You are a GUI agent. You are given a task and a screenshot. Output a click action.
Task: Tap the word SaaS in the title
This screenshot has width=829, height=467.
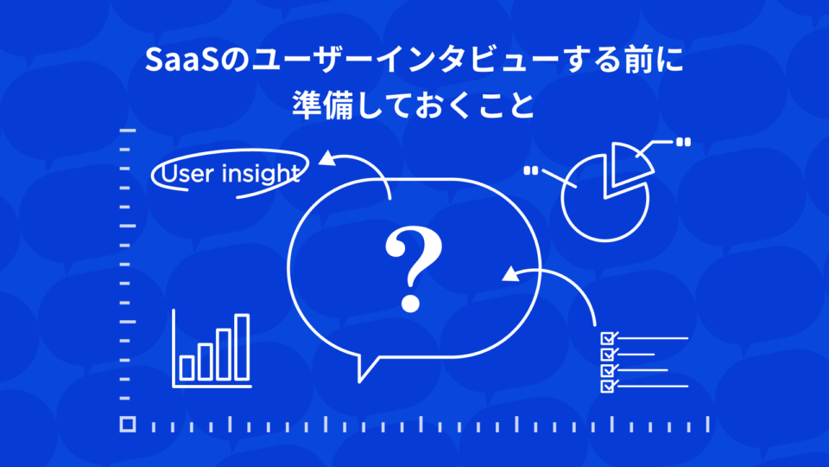click(181, 60)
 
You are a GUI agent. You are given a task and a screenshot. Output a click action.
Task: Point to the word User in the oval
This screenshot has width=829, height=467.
click(186, 174)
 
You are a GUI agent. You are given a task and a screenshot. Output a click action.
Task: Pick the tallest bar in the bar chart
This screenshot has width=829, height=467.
click(242, 347)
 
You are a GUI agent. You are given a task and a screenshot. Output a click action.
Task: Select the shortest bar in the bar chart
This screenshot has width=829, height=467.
click(187, 368)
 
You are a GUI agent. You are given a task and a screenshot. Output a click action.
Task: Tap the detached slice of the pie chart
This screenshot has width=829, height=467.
click(630, 163)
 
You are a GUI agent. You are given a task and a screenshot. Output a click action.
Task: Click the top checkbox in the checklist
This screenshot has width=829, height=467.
click(607, 338)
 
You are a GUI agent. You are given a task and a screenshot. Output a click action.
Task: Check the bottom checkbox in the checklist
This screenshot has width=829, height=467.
click(607, 387)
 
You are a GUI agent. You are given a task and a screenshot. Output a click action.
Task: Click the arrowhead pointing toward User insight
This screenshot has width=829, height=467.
click(328, 157)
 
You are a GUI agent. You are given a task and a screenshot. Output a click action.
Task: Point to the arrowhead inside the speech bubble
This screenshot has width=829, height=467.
click(510, 274)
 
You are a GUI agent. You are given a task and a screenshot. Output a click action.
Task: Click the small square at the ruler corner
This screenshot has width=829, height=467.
click(128, 424)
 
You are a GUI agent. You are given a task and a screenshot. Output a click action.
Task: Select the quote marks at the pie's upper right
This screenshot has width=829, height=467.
click(683, 142)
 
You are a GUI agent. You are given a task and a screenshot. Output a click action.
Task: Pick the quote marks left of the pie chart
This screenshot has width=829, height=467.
click(530, 170)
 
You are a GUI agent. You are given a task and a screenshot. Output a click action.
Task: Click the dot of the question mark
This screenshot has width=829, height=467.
click(411, 304)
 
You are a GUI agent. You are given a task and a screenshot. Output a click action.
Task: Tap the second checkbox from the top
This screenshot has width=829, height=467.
click(607, 355)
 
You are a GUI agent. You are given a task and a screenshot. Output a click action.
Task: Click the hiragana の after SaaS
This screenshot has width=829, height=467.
click(234, 61)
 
